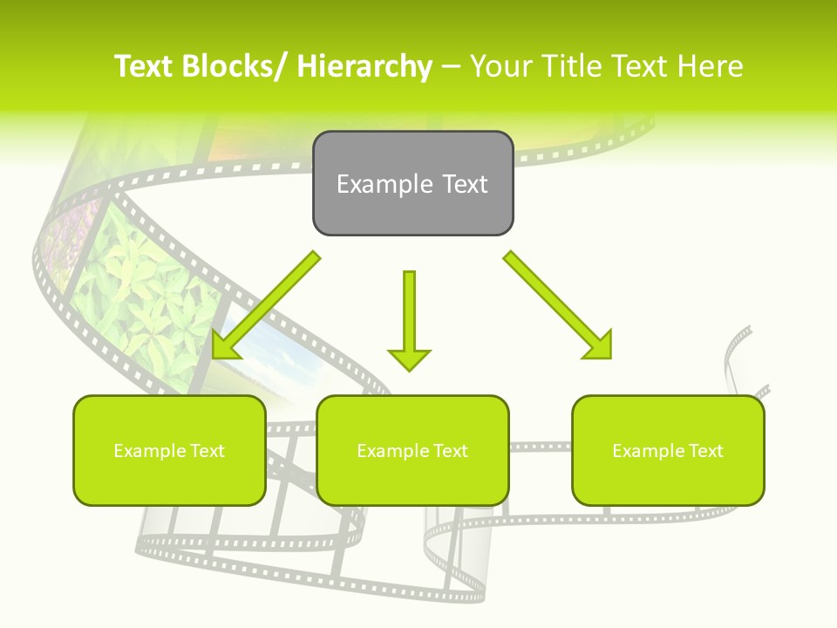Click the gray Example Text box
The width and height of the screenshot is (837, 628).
coord(412,183)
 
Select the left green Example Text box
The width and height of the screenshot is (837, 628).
coord(169,450)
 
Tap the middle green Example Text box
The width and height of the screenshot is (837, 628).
coord(412,450)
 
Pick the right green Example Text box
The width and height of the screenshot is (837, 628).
coord(668,450)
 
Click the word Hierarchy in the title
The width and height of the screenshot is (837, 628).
coord(364,66)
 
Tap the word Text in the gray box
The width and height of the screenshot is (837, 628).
coord(464,184)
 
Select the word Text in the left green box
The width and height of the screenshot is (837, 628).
coord(207,451)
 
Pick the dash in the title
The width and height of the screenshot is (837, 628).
coord(451,66)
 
